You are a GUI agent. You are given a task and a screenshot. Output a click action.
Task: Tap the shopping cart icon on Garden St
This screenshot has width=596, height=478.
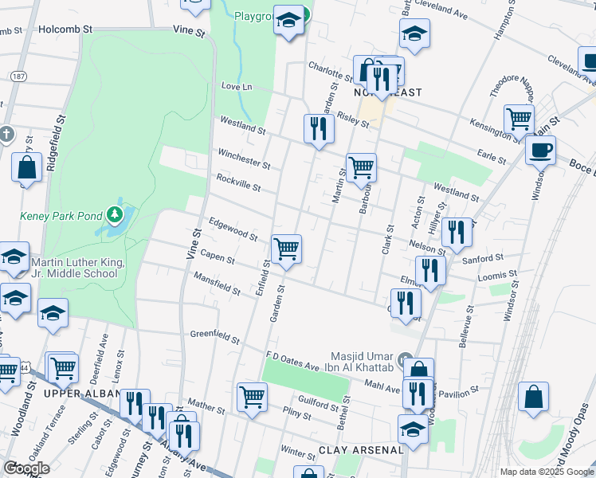[x=286, y=249]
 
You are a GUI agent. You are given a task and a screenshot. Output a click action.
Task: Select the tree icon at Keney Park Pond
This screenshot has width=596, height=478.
[x=116, y=214]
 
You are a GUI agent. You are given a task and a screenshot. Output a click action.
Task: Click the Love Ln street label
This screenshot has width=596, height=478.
[x=236, y=86]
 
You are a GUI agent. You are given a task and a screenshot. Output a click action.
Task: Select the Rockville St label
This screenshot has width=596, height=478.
[x=238, y=182]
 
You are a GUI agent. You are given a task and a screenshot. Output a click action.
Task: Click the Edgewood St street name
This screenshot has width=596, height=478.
[x=233, y=229]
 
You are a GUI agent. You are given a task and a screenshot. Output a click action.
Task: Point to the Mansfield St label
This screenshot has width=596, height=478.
[x=218, y=283]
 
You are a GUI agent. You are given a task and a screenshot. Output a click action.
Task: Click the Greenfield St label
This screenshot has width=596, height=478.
[x=214, y=337]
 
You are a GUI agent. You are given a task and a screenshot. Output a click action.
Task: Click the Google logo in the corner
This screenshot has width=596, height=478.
[x=26, y=468]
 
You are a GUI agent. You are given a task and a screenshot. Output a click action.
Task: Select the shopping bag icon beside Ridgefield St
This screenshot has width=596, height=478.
[x=27, y=168]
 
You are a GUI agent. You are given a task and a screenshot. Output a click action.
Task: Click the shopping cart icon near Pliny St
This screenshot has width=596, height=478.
[x=253, y=396]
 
